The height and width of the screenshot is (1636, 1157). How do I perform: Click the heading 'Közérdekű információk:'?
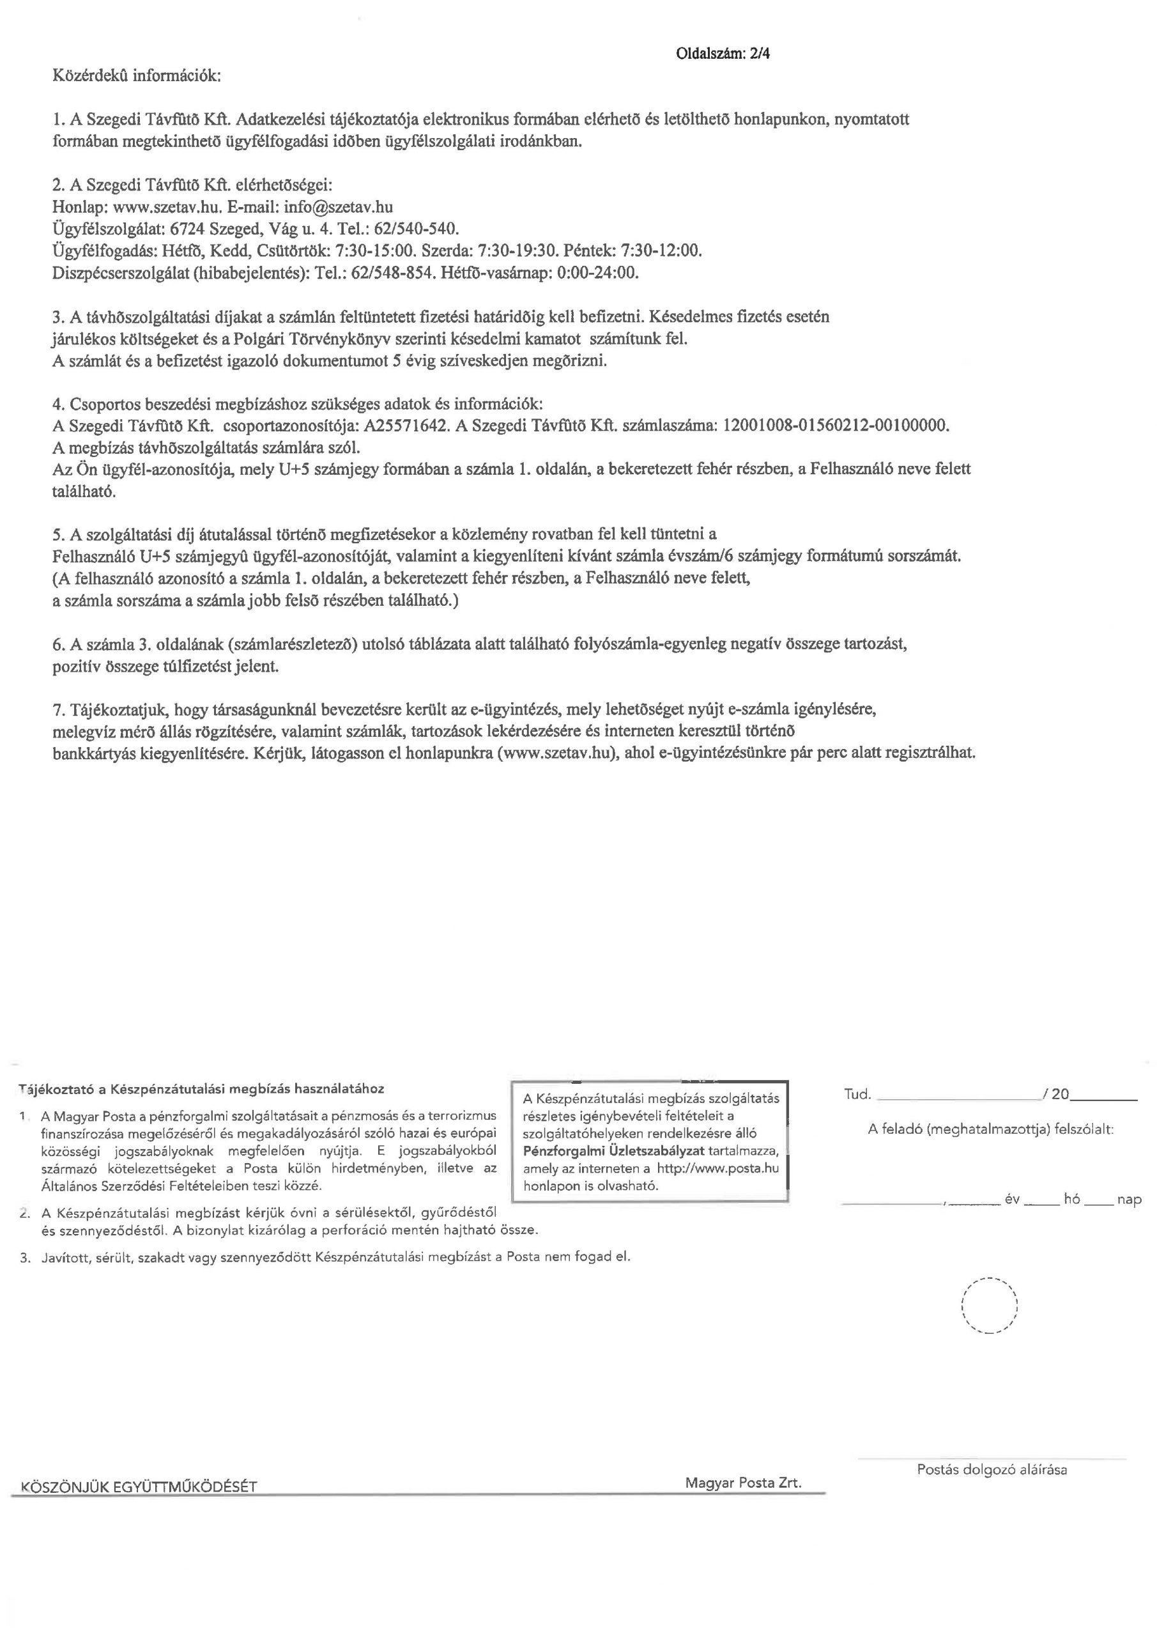tap(137, 75)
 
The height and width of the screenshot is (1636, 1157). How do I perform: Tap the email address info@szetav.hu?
tap(339, 206)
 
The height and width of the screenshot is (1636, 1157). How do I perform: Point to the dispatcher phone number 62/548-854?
tap(392, 273)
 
